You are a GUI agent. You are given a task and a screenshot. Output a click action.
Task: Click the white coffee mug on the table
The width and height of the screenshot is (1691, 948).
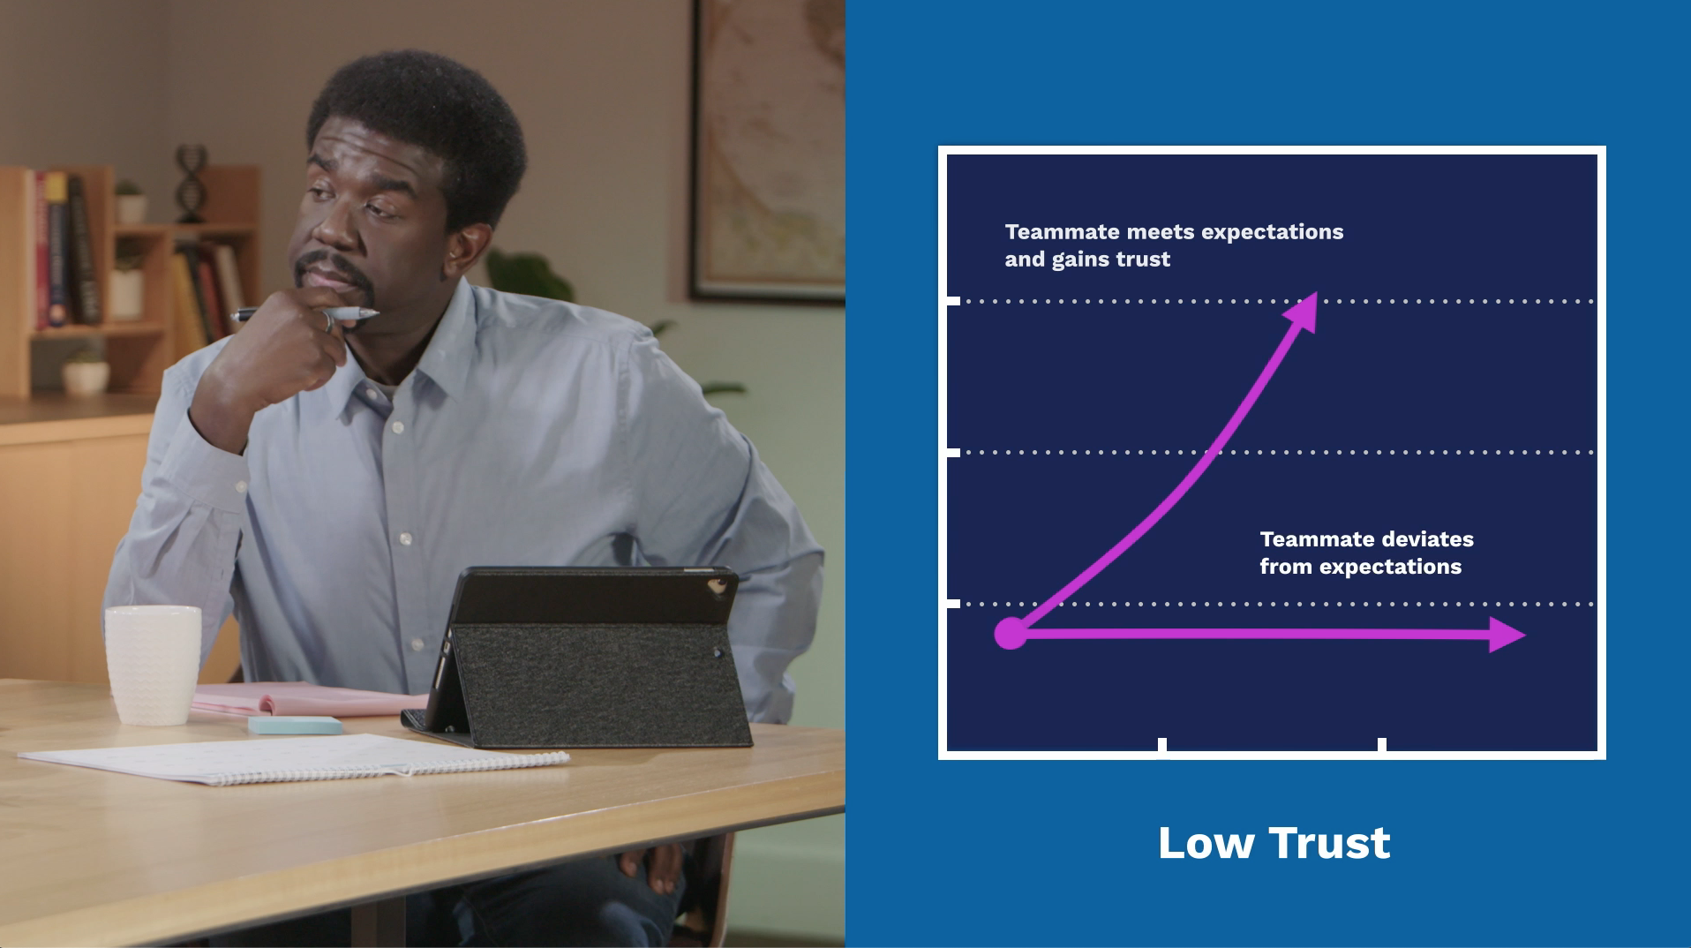pos(153,664)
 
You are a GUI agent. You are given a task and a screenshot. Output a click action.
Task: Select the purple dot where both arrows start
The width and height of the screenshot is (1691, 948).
pos(1011,633)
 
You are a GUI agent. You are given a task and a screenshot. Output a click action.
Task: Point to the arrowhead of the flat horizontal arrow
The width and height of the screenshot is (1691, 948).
pos(1507,635)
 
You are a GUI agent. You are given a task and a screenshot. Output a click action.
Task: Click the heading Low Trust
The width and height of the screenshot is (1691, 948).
pos(1274,843)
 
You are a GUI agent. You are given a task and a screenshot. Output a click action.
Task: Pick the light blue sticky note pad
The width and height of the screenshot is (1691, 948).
pos(295,725)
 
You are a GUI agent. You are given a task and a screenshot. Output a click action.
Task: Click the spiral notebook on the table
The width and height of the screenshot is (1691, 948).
pos(294,758)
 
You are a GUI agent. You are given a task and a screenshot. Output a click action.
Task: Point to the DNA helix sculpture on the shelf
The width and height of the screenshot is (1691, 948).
pos(189,184)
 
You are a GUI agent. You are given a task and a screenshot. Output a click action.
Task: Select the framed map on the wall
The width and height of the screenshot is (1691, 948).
pos(767,151)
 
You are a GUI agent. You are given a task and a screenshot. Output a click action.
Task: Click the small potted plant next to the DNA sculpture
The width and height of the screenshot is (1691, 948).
pos(130,201)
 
